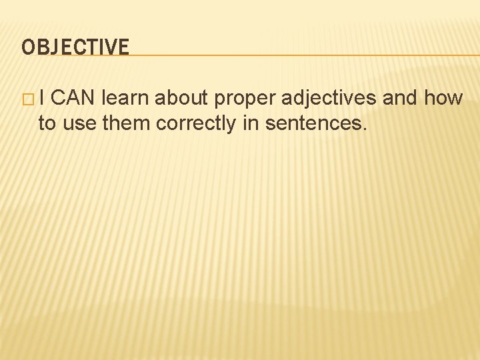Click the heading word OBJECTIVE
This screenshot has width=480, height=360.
pos(75,47)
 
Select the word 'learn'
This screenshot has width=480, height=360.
pos(126,99)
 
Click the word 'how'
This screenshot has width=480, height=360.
pos(443,99)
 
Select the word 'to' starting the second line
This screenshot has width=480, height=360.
pos(47,123)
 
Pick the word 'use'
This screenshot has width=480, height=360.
pos(78,124)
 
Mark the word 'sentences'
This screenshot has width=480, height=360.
pos(313,123)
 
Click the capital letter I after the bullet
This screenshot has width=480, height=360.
pos(41,99)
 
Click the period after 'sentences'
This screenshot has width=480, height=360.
pos(364,129)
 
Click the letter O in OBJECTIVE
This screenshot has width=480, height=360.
pos(27,47)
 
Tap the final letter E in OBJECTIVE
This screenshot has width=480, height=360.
pos(123,47)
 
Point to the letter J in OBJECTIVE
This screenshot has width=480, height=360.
pos(55,47)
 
